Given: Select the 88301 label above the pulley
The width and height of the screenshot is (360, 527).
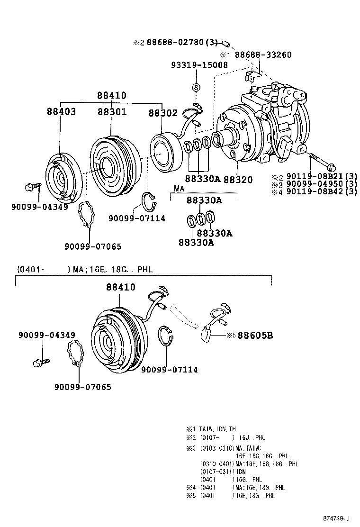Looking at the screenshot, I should coord(112,112).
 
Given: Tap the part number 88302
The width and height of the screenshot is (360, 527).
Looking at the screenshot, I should coord(162,113).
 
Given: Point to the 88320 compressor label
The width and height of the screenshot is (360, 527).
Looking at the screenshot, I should coord(238,180).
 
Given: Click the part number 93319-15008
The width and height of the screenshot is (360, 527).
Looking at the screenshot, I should coord(199,64).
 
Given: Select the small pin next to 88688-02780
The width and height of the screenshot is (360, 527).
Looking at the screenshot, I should coord(226,44).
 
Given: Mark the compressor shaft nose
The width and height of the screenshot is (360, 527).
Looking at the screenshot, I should coord(220,139).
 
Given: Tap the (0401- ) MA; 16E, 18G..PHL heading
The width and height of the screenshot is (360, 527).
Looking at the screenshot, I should coord(85,270).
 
